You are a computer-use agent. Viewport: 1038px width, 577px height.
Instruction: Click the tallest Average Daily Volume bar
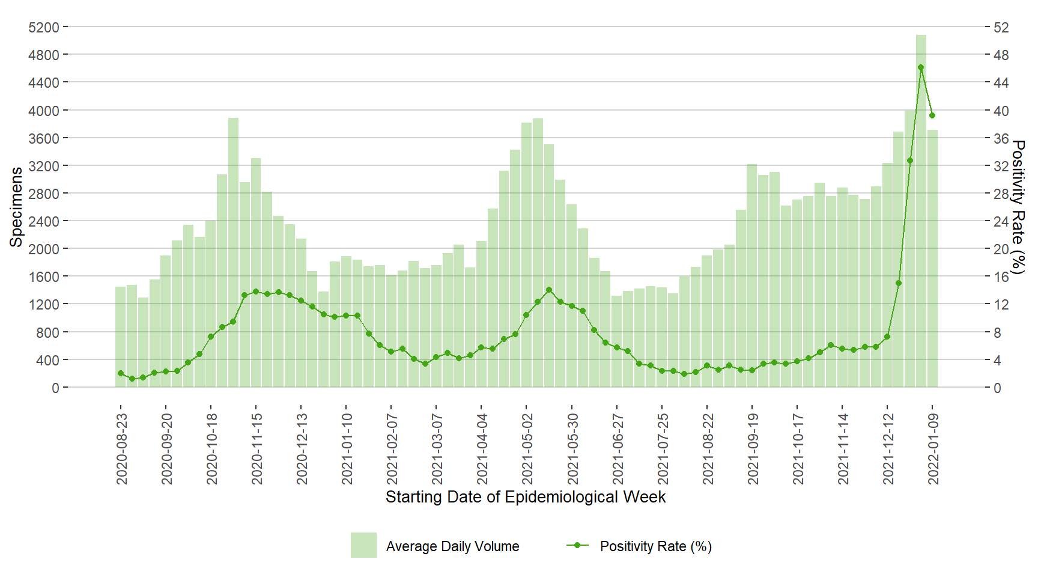tap(921, 210)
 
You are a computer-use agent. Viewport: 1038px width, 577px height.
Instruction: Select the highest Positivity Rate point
tap(921, 67)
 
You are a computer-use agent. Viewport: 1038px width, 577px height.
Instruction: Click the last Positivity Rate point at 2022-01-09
tap(932, 115)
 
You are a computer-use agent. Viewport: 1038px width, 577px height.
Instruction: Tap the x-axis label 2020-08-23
tap(122, 448)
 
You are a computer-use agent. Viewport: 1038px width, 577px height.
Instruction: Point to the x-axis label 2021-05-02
tap(527, 448)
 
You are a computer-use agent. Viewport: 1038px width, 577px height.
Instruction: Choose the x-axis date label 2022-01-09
tap(933, 448)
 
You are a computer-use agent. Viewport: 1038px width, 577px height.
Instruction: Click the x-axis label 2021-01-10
tap(347, 448)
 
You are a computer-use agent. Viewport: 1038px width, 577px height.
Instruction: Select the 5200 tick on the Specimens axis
tap(44, 28)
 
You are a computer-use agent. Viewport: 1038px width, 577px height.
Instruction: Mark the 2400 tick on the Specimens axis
tap(44, 221)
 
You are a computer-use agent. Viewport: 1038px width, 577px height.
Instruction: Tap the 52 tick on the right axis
tap(1001, 28)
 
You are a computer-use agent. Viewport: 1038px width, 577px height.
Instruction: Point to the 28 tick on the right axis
tap(1001, 194)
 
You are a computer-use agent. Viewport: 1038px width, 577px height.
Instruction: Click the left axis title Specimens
tap(16, 207)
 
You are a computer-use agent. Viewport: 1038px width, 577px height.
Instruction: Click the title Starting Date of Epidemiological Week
tap(526, 497)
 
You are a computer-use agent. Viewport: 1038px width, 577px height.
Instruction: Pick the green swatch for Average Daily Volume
tap(363, 545)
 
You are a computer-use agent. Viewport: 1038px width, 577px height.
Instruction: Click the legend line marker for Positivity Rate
tap(577, 545)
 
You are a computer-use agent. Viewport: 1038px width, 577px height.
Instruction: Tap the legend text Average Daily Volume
tap(452, 546)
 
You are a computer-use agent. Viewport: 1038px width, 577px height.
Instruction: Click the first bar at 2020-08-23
tap(121, 337)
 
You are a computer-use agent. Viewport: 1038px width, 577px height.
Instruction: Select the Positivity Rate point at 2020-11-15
tap(256, 292)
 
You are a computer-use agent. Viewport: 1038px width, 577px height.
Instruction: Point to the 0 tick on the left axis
tap(55, 388)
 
